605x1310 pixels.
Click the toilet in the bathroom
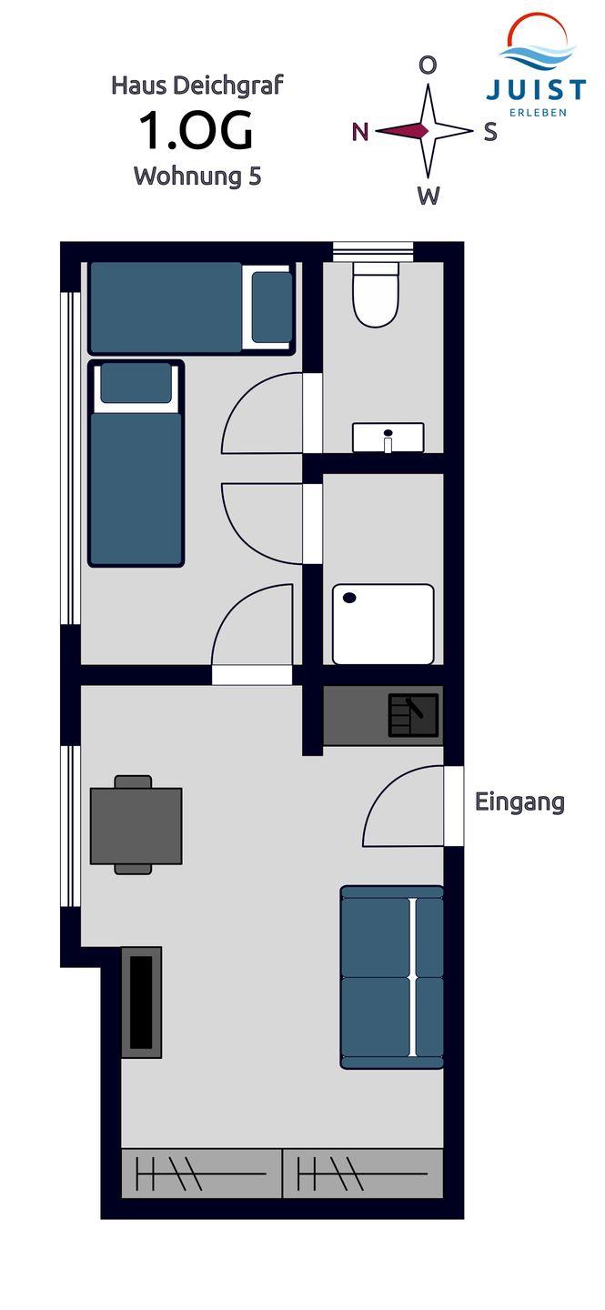point(375,294)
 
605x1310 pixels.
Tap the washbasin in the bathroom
point(388,438)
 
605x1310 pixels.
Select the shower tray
point(383,624)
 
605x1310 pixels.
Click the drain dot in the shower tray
point(349,598)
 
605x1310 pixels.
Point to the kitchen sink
point(414,715)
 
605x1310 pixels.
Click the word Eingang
point(519,802)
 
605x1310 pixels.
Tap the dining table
point(136,826)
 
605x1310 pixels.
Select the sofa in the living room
point(392,977)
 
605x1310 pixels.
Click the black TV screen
point(141,1003)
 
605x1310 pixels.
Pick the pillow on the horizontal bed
point(271,307)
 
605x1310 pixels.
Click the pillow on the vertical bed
point(136,383)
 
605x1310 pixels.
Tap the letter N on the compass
point(360,132)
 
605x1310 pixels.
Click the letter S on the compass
point(490,132)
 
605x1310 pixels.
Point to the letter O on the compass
point(429,65)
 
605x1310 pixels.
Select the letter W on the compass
point(429,196)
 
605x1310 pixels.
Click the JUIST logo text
point(535,90)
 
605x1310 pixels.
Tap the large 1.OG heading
point(196,130)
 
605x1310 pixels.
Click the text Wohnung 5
point(197,176)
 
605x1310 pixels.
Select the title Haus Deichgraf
point(197,86)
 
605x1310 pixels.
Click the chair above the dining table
point(134,782)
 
